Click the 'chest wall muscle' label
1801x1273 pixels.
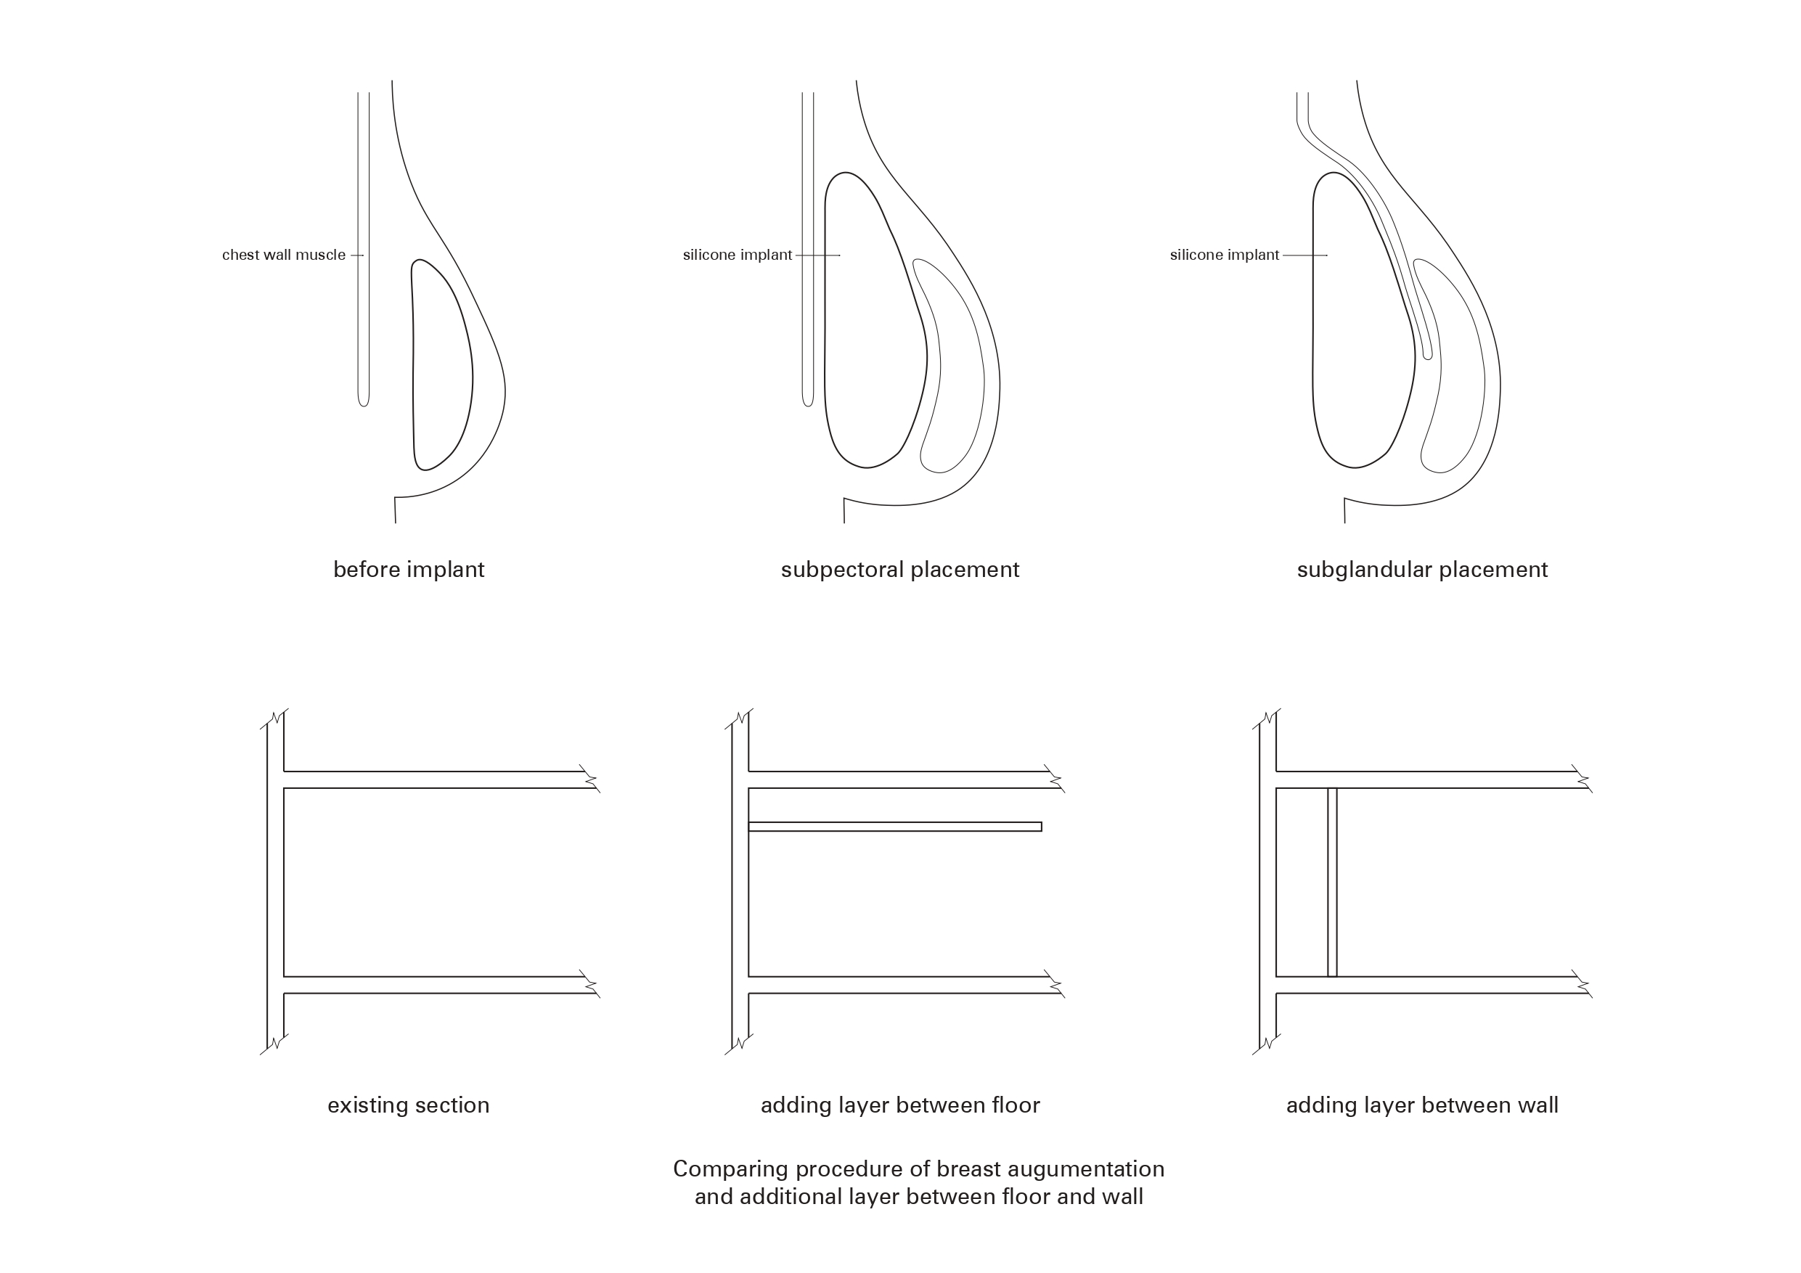click(x=283, y=255)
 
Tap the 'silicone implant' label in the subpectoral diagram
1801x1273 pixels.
click(x=738, y=255)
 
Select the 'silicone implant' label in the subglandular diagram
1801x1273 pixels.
click(x=1225, y=255)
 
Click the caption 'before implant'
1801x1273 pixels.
click(x=409, y=570)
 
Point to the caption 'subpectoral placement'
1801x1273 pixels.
click(x=899, y=570)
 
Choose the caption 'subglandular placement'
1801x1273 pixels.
click(x=1422, y=570)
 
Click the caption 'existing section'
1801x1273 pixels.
click(x=408, y=1105)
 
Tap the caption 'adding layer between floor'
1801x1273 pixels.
click(x=899, y=1105)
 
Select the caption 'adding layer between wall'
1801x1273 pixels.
click(x=1422, y=1105)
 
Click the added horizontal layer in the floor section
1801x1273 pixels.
click(x=894, y=827)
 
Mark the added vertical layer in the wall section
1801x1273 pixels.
click(x=1332, y=883)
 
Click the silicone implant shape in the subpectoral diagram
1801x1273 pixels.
click(x=870, y=329)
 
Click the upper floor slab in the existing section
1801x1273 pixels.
click(x=431, y=779)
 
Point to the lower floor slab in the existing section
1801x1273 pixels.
click(x=431, y=985)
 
